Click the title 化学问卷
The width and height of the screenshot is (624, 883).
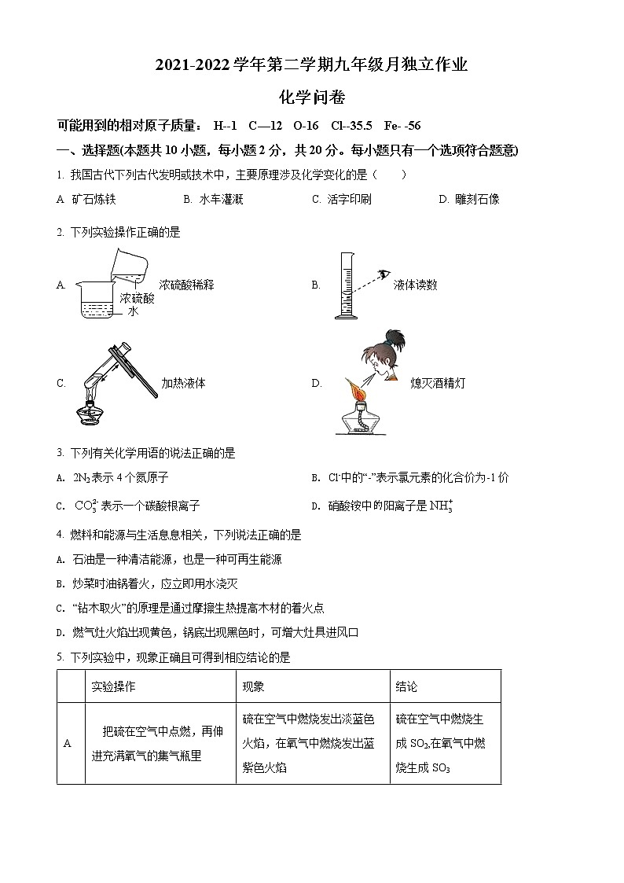312,97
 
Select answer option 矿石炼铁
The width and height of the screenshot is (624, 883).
94,200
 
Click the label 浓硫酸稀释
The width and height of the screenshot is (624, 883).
186,285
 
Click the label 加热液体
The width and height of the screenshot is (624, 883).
183,384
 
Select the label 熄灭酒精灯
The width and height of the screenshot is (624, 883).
438,384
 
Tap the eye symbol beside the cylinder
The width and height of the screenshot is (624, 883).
384,274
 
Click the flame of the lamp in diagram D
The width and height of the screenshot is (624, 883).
354,388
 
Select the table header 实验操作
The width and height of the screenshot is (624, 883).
113,686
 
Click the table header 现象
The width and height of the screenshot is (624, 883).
253,686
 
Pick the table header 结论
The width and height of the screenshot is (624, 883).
406,686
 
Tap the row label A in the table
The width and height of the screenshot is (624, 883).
68,743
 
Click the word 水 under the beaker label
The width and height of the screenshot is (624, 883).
133,311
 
